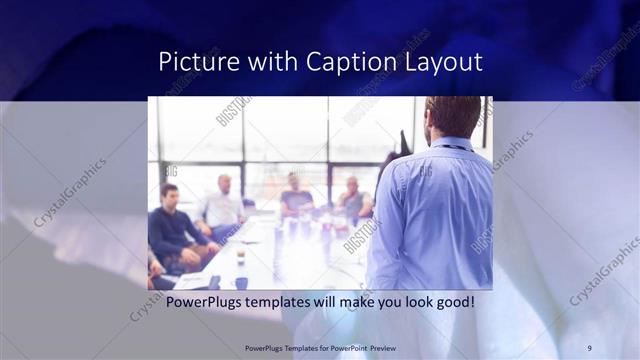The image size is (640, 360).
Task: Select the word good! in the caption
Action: (452, 301)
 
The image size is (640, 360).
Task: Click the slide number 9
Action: (589, 347)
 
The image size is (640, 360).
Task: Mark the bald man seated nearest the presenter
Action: (352, 200)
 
